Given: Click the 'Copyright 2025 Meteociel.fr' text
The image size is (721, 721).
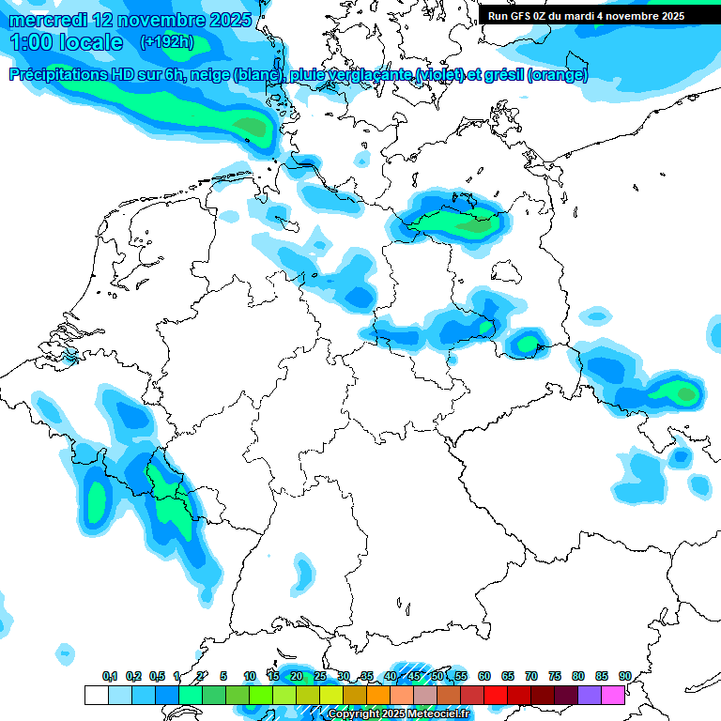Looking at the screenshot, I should pyautogui.click(x=398, y=714).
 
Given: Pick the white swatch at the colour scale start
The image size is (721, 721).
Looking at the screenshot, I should pyautogui.click(x=96, y=695).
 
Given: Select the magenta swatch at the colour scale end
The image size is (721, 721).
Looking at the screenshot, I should pyautogui.click(x=613, y=695).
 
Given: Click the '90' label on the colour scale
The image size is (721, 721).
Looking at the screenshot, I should pyautogui.click(x=625, y=676).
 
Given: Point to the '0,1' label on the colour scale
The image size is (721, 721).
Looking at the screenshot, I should pyautogui.click(x=110, y=676).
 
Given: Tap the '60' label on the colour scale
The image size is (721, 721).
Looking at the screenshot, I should pyautogui.click(x=484, y=676).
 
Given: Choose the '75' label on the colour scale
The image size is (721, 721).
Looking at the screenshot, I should pyautogui.click(x=555, y=676).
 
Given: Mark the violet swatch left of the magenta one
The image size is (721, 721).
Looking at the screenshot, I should pyautogui.click(x=590, y=695).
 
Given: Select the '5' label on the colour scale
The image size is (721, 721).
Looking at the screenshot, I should pyautogui.click(x=223, y=676).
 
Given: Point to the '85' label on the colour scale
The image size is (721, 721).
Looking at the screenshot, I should pyautogui.click(x=602, y=676).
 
